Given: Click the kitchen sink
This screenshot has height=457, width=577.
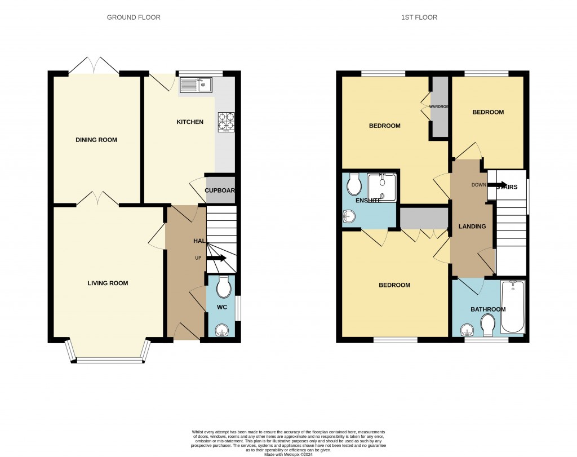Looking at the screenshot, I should tap(195, 85).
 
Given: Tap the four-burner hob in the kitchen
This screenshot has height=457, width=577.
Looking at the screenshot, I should tap(226, 122).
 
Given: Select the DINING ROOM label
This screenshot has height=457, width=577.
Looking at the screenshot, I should tap(96, 140).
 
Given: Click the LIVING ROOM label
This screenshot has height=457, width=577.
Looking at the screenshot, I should tap(108, 283).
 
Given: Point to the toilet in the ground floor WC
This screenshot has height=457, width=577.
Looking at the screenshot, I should tap(223, 287).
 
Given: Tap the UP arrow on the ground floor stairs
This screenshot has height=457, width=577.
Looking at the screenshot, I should tap(216, 259).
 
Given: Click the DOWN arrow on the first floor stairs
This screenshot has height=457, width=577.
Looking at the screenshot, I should tap(496, 185).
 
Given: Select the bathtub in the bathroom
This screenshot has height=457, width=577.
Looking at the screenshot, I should tap(512, 307).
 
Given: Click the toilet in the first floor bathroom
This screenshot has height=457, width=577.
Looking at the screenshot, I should tap(488, 325).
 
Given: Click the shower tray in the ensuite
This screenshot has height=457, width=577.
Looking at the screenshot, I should tap(383, 187).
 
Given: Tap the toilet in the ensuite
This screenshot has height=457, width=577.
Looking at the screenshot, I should tap(354, 183).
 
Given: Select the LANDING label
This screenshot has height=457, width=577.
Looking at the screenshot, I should tap(472, 227).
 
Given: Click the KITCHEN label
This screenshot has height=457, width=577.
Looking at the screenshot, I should tap(190, 122).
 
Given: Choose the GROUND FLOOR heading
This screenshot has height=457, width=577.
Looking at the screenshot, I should tap(134, 17).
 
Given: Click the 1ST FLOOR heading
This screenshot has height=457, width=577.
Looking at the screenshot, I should tap(419, 17).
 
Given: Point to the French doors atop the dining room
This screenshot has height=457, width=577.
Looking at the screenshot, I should tap(94, 65).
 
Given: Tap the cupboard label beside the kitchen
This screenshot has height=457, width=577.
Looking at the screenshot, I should tap(220, 190).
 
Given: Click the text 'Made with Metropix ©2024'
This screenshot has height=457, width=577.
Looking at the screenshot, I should tap(288, 454).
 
